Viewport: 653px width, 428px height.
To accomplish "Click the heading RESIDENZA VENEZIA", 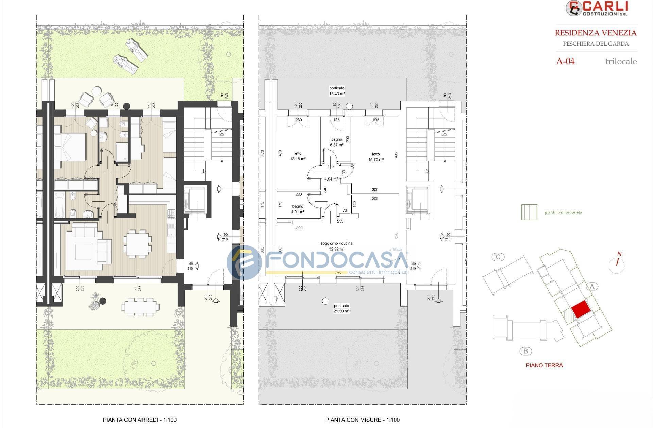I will click(x=596, y=33).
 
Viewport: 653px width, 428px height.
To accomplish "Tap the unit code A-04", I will click(x=565, y=62).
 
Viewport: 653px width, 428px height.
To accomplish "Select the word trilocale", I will click(x=621, y=62).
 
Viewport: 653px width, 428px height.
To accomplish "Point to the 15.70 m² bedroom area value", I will click(x=376, y=159).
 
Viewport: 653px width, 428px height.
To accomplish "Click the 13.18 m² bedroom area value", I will click(x=298, y=159).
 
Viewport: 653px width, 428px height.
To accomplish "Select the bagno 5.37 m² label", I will click(x=336, y=142).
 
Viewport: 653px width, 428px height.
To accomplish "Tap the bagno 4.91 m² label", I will click(x=298, y=209).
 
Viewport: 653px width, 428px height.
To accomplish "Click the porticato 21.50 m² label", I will click(x=341, y=308).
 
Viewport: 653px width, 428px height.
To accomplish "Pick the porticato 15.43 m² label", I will click(x=337, y=91).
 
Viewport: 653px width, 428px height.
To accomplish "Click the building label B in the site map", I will click(x=525, y=351).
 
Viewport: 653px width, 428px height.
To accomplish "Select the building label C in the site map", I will click(x=498, y=257).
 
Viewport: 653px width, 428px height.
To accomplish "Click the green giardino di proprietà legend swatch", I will click(x=529, y=212).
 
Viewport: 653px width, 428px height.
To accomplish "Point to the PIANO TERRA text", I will click(x=544, y=365).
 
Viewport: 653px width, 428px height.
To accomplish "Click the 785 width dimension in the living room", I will click(x=338, y=273).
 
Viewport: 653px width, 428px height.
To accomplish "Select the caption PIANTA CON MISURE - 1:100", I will click(x=362, y=420).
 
